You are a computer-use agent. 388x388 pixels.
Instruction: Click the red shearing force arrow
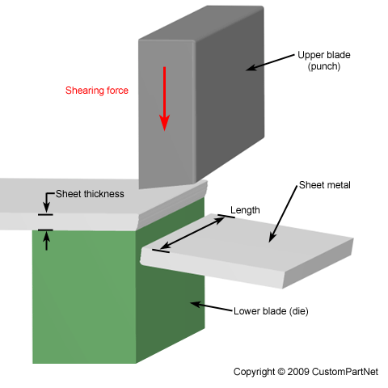(x=164, y=99)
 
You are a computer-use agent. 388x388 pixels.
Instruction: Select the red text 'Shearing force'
(x=97, y=91)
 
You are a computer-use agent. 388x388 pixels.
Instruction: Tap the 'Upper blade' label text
(x=324, y=55)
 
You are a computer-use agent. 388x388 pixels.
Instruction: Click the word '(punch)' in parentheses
(x=324, y=66)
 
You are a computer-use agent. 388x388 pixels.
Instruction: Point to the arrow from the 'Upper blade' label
(x=270, y=62)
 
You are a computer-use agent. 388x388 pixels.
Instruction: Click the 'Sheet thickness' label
(x=90, y=194)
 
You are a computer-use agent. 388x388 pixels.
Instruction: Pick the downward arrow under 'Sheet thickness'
(x=48, y=202)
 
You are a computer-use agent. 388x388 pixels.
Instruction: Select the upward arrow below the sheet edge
(x=47, y=241)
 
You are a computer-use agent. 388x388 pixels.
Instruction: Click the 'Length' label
(x=245, y=210)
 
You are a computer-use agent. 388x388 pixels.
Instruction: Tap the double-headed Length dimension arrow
(x=192, y=233)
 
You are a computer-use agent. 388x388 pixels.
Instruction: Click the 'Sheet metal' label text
(x=325, y=185)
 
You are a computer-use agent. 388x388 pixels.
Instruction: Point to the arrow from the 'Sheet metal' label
(x=283, y=213)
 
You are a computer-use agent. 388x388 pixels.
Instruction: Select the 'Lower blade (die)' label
(x=271, y=311)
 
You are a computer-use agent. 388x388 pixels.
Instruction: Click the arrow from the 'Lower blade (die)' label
(x=211, y=307)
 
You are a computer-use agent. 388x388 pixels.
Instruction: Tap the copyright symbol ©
(x=281, y=372)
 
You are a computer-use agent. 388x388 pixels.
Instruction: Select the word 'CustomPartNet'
(x=345, y=372)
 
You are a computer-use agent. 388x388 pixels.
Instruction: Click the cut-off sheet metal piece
(x=247, y=251)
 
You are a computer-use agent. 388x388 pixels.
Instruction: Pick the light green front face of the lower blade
(x=84, y=297)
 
